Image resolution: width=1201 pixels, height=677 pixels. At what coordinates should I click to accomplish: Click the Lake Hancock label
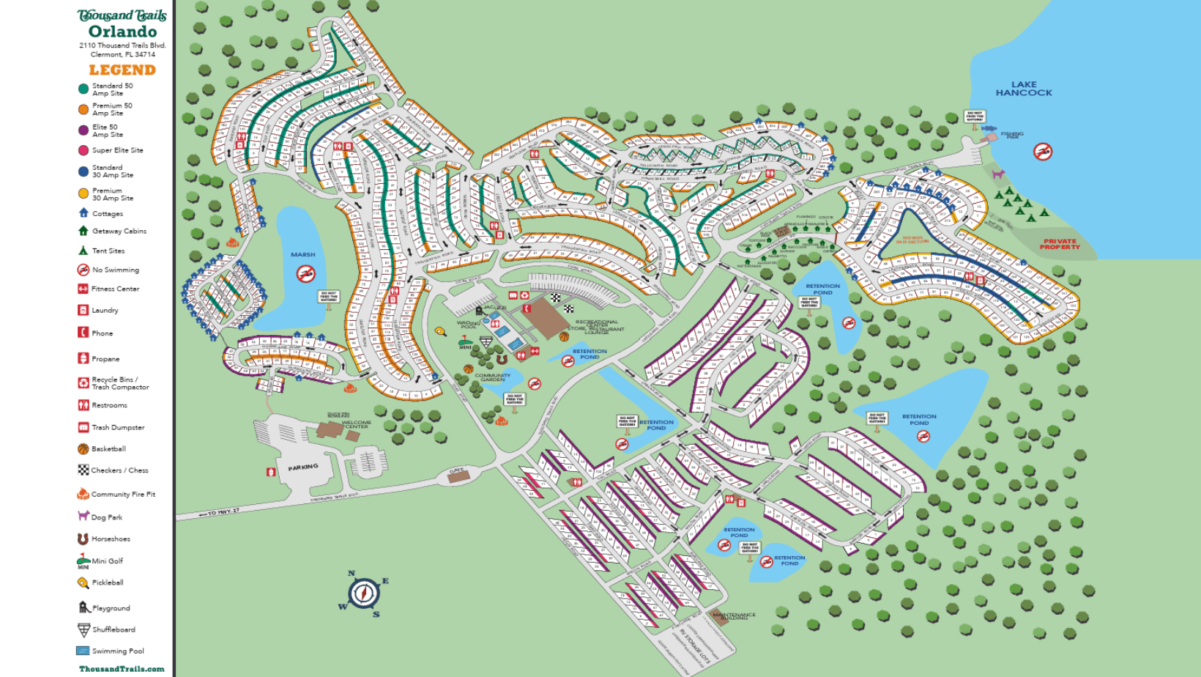click(x=1023, y=89)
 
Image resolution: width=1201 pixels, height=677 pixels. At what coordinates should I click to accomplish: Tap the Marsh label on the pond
click(x=302, y=255)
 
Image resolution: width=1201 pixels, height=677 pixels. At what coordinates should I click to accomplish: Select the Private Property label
click(x=1060, y=244)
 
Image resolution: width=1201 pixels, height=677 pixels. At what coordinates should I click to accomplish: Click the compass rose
click(x=363, y=593)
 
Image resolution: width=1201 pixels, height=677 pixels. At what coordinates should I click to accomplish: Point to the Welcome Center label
click(x=357, y=424)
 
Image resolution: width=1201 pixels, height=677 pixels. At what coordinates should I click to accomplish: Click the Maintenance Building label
click(x=734, y=616)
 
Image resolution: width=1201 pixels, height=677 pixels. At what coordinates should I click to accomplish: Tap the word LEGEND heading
click(x=122, y=70)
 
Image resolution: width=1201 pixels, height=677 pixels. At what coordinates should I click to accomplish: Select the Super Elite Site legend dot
click(x=83, y=151)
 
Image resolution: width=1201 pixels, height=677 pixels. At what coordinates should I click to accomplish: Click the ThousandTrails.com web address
click(x=122, y=669)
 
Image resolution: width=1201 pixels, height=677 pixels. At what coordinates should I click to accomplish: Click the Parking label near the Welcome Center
click(x=302, y=467)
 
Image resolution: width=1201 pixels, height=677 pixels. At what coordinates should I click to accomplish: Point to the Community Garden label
click(x=493, y=377)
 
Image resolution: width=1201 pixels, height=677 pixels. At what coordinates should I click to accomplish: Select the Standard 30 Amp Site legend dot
click(x=83, y=171)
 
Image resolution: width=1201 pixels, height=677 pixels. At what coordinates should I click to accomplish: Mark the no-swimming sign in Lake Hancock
click(x=1043, y=152)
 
